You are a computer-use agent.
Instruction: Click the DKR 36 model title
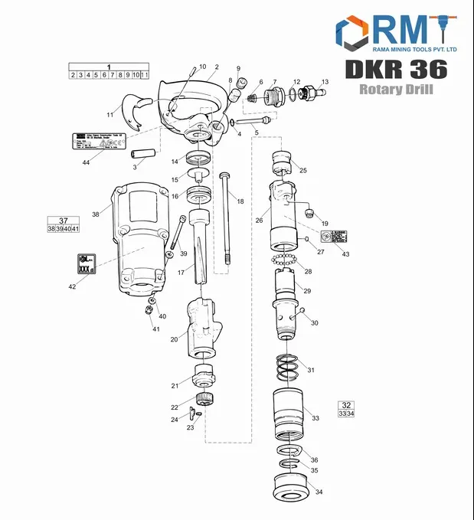click(x=396, y=69)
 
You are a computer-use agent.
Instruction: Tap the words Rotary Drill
click(x=396, y=90)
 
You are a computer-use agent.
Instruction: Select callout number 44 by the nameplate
click(x=86, y=163)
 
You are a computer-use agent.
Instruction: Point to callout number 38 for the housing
click(x=96, y=214)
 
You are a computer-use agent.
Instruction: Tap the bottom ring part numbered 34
click(x=291, y=486)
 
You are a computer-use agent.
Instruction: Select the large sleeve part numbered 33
click(x=291, y=414)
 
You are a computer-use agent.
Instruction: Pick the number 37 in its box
click(x=64, y=221)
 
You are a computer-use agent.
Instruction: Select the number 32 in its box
click(x=346, y=404)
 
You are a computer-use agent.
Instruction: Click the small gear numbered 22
click(x=204, y=398)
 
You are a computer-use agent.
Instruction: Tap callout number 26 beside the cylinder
click(x=259, y=221)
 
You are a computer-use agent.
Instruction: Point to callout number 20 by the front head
click(x=175, y=339)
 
